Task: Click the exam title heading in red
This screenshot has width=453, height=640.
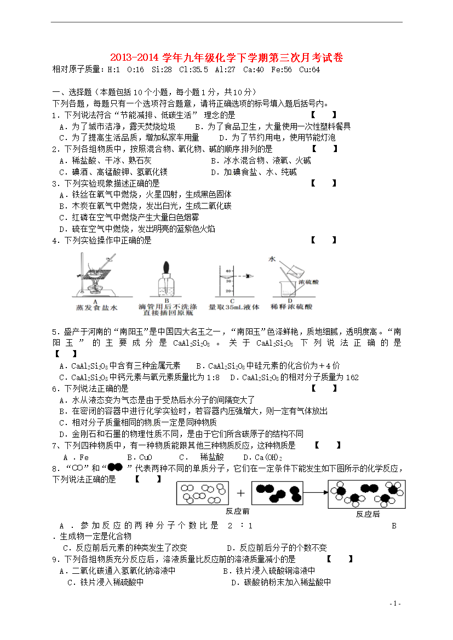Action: pyautogui.click(x=226, y=57)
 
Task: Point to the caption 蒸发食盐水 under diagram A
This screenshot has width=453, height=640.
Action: pyautogui.click(x=96, y=308)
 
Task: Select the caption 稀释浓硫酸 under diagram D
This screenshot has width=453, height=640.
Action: pyautogui.click(x=291, y=307)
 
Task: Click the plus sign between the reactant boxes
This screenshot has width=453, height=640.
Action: pyautogui.click(x=241, y=492)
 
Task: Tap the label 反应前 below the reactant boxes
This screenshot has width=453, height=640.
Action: pyautogui.click(x=237, y=511)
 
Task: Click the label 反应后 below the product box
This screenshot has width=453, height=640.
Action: pyautogui.click(x=368, y=514)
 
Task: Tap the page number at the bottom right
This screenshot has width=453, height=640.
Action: pyautogui.click(x=395, y=603)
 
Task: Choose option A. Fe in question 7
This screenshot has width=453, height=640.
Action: pyautogui.click(x=77, y=457)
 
